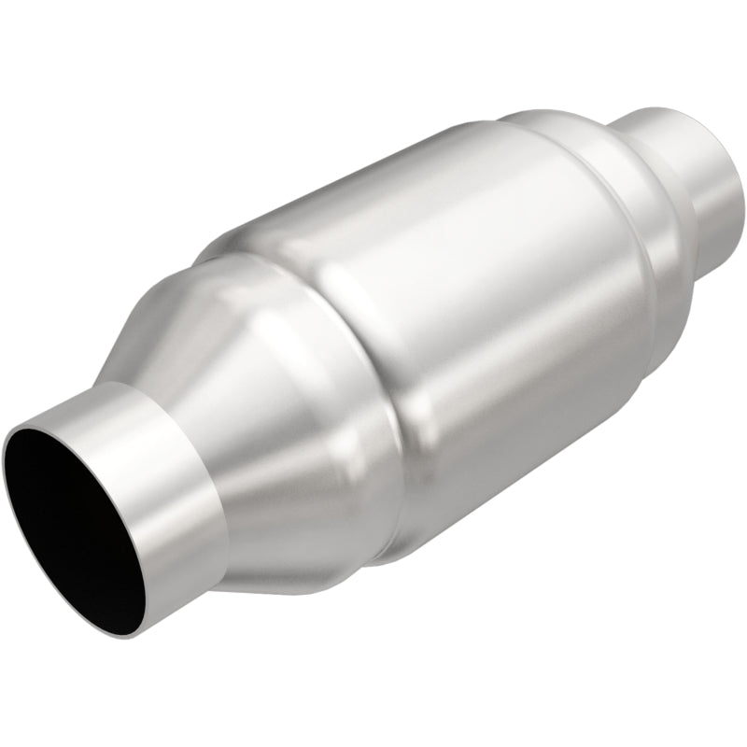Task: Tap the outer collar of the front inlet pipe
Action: click(168, 486)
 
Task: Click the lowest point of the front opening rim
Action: click(131, 635)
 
